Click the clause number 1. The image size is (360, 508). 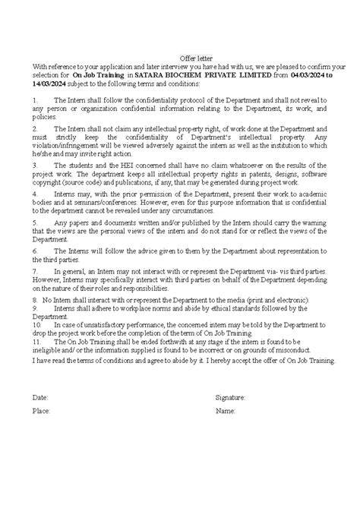click(35, 99)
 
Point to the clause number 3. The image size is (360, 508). click(35, 163)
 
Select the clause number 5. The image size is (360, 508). click(35, 223)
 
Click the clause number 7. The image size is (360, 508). click(35, 270)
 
